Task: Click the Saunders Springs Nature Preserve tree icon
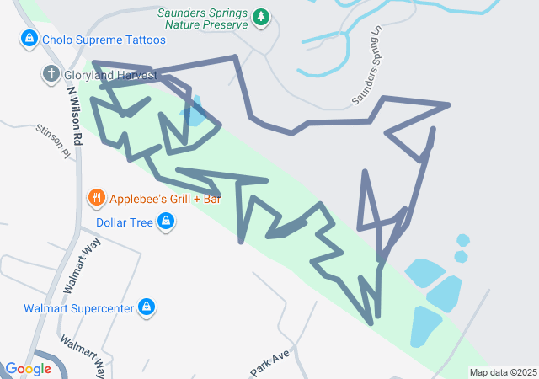tap(262, 17)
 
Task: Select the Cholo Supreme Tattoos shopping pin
tap(29, 39)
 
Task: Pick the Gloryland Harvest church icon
tap(51, 75)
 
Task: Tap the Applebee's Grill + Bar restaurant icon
tap(97, 199)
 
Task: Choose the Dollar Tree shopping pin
tap(167, 222)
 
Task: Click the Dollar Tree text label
tap(124, 222)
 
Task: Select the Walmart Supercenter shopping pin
tap(147, 307)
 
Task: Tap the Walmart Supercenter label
tap(79, 308)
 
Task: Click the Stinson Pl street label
tap(53, 141)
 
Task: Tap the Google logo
tap(28, 369)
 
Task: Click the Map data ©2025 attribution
tap(503, 372)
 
